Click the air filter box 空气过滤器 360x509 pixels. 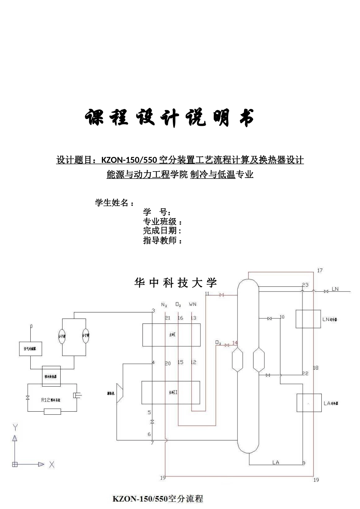click(30, 348)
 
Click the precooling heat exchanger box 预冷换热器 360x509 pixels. click(51, 376)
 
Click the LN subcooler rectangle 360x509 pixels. click(308, 319)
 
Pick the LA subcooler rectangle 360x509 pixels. click(309, 403)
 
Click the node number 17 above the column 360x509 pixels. click(320, 270)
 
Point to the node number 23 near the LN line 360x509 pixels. click(305, 285)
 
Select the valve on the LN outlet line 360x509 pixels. click(326, 291)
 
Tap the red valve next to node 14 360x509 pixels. click(227, 345)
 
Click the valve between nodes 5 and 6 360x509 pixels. click(152, 422)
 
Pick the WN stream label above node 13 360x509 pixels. click(193, 304)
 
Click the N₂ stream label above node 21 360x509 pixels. click(164, 304)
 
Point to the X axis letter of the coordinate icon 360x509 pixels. click(52, 464)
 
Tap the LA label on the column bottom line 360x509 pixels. click(275, 462)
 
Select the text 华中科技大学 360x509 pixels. click(175, 283)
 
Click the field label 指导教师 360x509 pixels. click(160, 240)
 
